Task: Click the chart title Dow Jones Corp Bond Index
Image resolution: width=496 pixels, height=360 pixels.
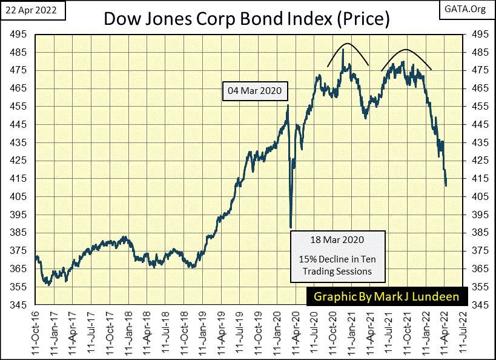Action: [246, 18]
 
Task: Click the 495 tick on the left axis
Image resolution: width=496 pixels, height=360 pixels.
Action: [22, 34]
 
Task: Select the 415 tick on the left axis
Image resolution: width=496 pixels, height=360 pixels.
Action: [22, 178]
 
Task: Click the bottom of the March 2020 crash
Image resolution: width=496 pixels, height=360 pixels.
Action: [291, 227]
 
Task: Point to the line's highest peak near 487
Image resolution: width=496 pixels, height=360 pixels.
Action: [343, 49]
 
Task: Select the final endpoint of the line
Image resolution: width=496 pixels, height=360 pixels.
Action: [446, 185]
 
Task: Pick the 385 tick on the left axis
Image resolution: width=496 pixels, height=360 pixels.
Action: [22, 233]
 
